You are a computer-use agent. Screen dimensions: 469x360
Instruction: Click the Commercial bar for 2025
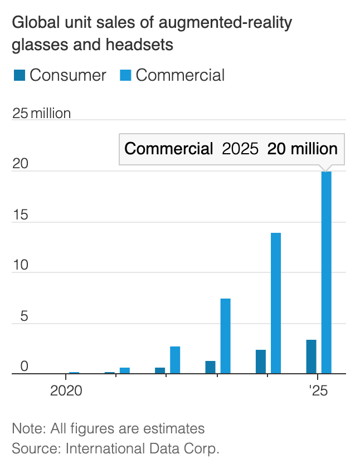[x=327, y=272]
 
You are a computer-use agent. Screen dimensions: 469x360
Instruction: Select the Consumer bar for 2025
[x=312, y=356]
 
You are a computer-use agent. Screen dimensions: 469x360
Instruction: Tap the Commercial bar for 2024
[x=276, y=303]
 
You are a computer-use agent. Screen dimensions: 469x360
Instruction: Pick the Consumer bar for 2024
[x=261, y=361]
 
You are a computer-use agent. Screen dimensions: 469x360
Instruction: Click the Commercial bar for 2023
[x=226, y=336]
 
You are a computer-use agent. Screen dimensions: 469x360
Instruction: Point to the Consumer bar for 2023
[x=210, y=367]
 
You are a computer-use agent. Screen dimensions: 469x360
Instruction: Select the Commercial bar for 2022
[x=175, y=360]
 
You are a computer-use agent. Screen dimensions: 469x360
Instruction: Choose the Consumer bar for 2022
[x=160, y=370]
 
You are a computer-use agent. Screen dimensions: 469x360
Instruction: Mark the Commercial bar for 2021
[x=125, y=370]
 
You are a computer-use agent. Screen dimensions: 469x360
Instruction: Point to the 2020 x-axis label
[x=66, y=390]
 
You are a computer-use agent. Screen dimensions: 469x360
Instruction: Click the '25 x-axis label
[x=317, y=390]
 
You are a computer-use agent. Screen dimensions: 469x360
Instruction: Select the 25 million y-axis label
[x=42, y=114]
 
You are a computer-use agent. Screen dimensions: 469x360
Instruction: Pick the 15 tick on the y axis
[x=20, y=216]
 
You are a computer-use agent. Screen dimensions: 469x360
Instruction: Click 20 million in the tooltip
[x=303, y=149]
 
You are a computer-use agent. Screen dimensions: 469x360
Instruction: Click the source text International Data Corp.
[x=142, y=448]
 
